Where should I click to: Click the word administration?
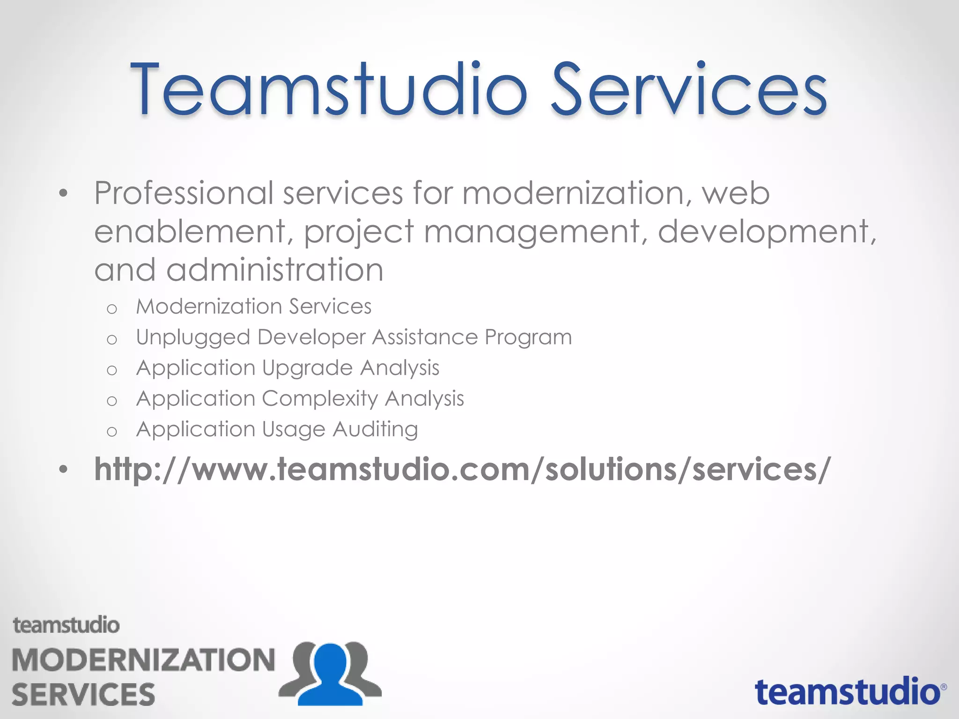tap(275, 270)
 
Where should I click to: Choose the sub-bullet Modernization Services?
tap(253, 307)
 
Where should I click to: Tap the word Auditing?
tap(375, 430)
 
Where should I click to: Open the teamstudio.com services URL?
tap(462, 469)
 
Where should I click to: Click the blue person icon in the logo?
tap(331, 674)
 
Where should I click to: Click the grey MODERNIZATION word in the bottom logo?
tap(143, 660)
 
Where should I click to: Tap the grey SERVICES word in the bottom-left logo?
tap(83, 694)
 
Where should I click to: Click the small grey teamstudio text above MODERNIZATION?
tap(66, 625)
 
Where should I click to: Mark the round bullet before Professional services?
tap(64, 193)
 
